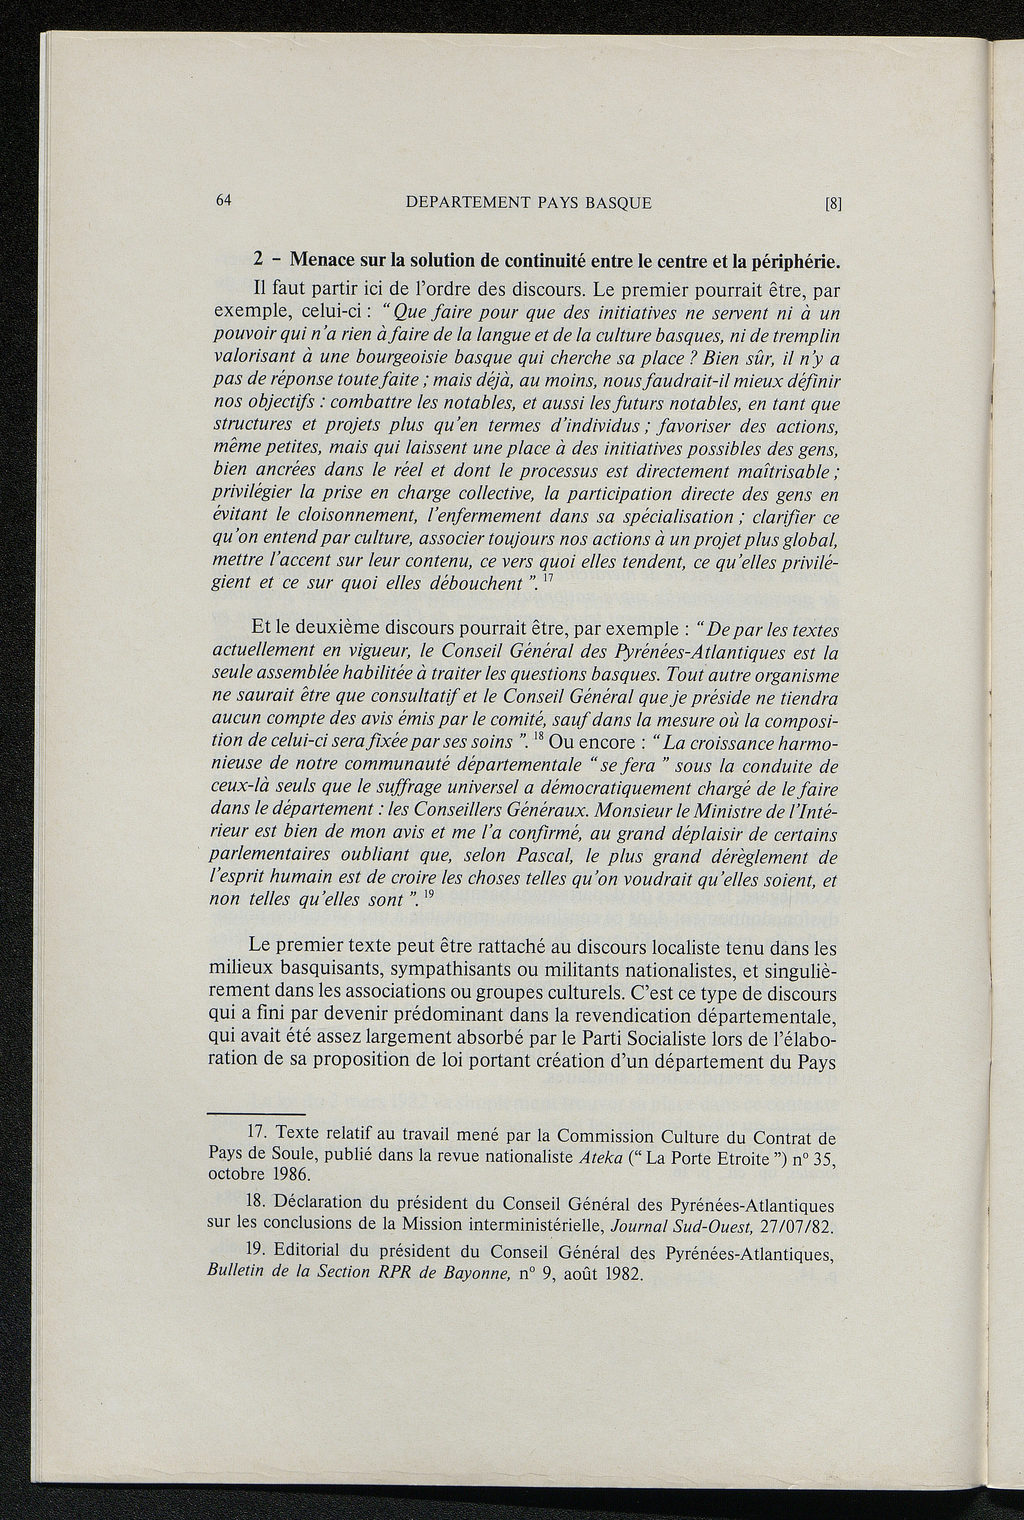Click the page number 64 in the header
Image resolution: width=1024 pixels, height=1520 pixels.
(x=223, y=200)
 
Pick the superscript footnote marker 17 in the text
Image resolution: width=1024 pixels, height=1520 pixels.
(x=548, y=578)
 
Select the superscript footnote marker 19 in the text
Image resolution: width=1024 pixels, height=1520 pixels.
(x=429, y=897)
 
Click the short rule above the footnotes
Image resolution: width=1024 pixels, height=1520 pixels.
(x=257, y=1113)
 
